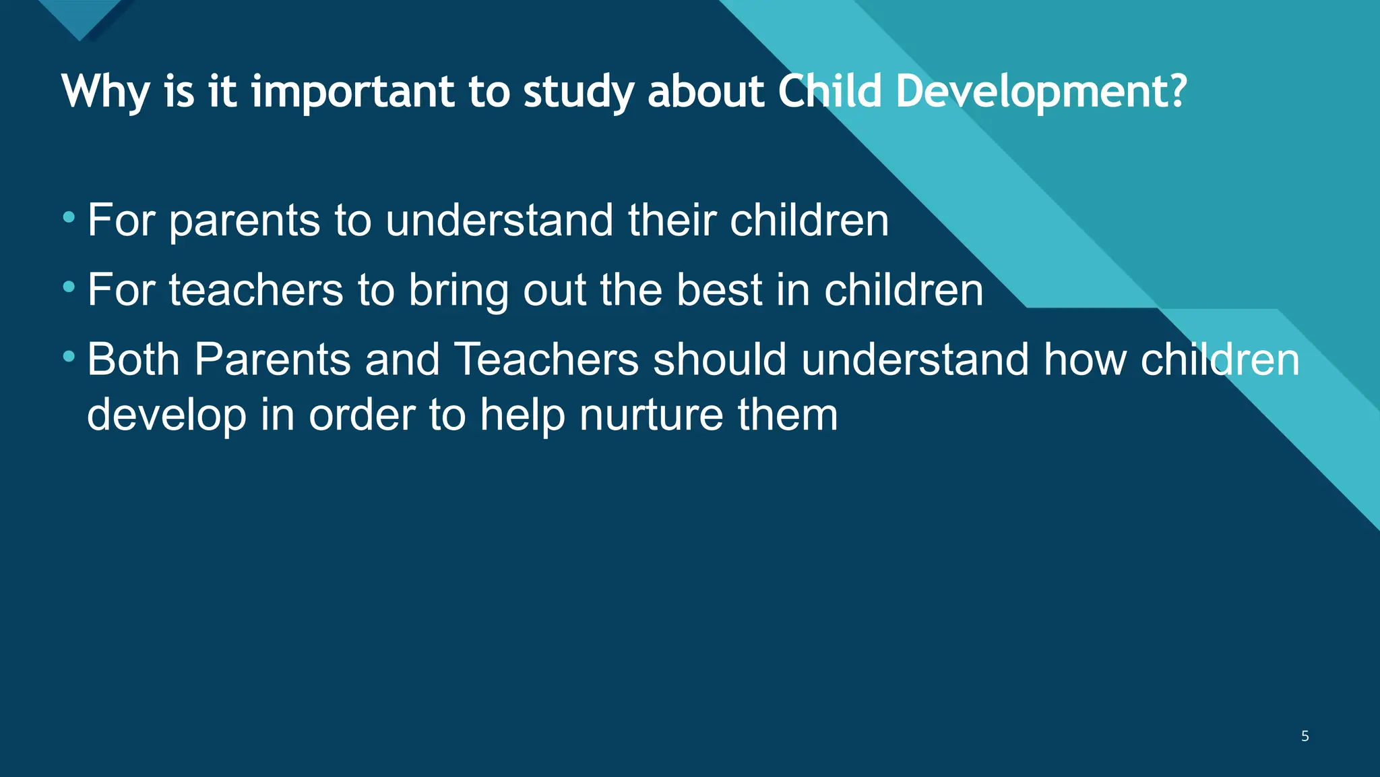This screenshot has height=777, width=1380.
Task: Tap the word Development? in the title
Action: (1040, 91)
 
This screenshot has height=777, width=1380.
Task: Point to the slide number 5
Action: (1305, 736)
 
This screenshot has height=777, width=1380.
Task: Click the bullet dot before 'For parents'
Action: (69, 218)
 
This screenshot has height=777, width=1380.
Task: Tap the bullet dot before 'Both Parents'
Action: (69, 356)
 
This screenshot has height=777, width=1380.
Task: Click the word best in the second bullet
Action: (718, 290)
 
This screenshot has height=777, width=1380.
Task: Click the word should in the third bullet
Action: (720, 359)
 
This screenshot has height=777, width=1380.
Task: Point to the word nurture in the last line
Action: (651, 415)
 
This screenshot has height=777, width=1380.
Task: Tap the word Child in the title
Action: (829, 91)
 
